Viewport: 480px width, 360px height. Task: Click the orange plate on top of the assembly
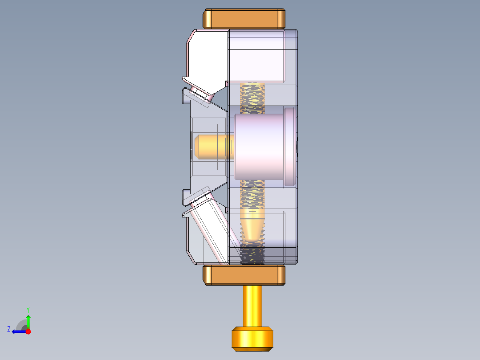pyautogui.click(x=244, y=18)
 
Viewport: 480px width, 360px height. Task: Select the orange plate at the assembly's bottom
pyautogui.click(x=244, y=275)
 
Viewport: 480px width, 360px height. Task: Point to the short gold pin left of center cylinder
pyautogui.click(x=209, y=147)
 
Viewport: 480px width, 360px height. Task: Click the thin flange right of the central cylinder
pyautogui.click(x=290, y=147)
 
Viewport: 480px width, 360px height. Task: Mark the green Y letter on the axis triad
pyautogui.click(x=28, y=309)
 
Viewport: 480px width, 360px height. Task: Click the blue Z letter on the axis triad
pyautogui.click(x=9, y=329)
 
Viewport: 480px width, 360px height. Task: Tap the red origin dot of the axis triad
pyautogui.click(x=28, y=331)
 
